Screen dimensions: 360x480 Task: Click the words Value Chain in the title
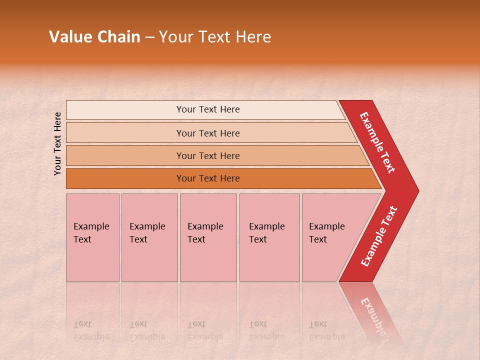[x=94, y=37]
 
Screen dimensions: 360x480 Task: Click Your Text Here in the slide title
[x=215, y=37]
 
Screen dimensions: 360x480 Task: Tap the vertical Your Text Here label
[x=57, y=143]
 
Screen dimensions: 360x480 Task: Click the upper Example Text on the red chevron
[x=377, y=142]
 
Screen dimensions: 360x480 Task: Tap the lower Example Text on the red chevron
[x=379, y=236]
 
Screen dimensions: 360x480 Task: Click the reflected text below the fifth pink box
[x=327, y=330]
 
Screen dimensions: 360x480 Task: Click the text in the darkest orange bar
[x=208, y=178]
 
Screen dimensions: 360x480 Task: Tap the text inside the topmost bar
[x=208, y=109]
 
